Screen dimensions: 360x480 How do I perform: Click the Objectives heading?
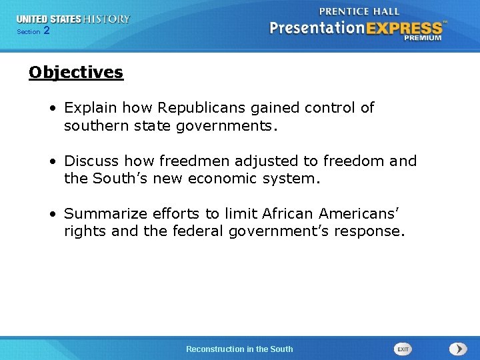[76, 72]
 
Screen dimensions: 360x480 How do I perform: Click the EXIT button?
[403, 349]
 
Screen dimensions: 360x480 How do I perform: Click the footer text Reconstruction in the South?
[239, 349]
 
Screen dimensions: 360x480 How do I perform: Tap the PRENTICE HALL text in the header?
[359, 11]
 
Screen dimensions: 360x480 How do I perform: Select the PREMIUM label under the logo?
[423, 39]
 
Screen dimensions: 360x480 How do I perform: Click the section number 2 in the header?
[46, 31]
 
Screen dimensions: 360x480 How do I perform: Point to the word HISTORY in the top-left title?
[106, 19]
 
